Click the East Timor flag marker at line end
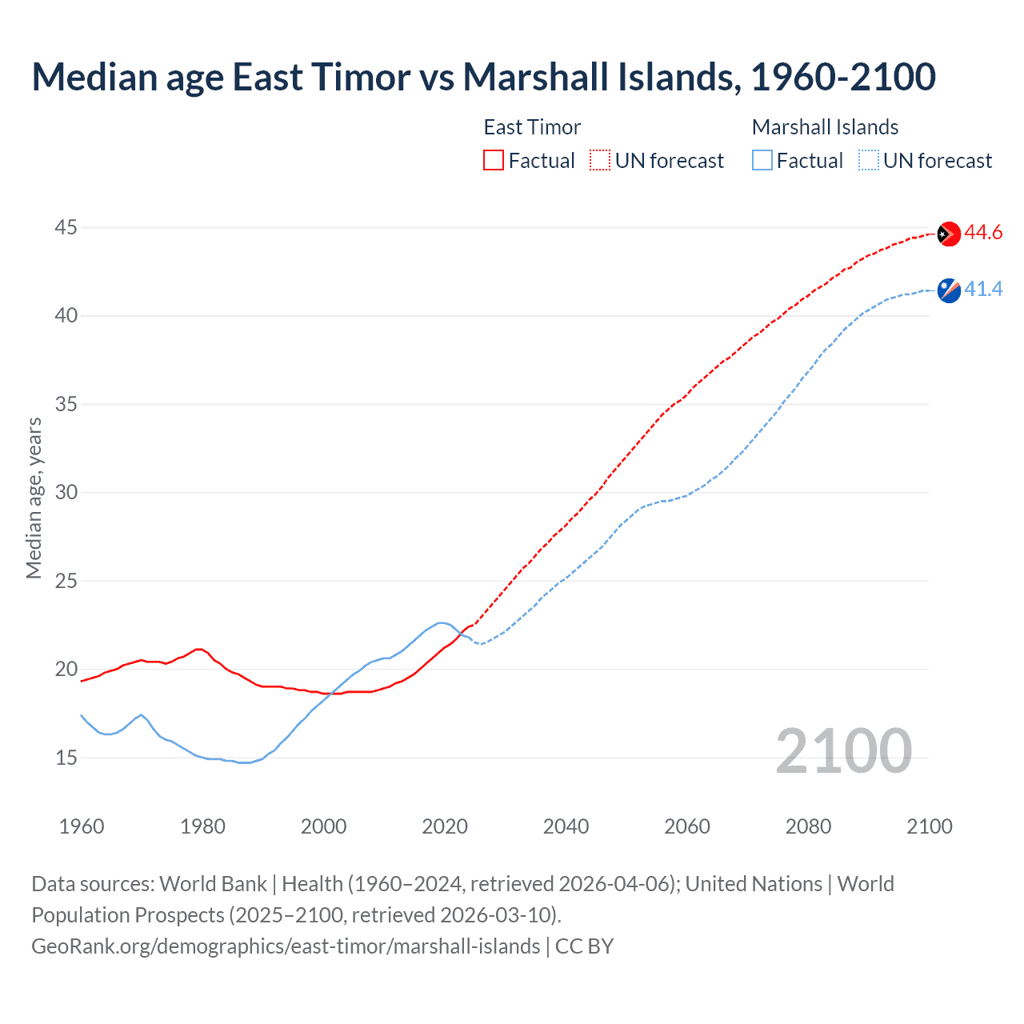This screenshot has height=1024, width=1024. [x=948, y=234]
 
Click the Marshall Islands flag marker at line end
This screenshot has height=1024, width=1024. [x=948, y=290]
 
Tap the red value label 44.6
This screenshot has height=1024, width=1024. [x=983, y=233]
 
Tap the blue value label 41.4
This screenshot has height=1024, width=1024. [x=983, y=290]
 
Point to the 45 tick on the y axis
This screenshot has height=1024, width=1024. [x=66, y=228]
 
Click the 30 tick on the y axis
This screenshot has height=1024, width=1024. [x=66, y=493]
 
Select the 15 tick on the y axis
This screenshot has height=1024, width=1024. [x=66, y=758]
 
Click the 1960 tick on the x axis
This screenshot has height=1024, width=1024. [x=82, y=826]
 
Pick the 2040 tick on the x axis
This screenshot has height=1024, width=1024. [x=566, y=826]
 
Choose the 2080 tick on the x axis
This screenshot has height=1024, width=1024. [x=808, y=826]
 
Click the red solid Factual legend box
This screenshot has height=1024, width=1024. [x=494, y=161]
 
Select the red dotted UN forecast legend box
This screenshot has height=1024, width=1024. [x=600, y=161]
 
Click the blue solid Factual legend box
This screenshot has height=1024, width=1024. [x=762, y=161]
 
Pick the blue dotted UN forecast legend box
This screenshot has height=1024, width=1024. [x=869, y=161]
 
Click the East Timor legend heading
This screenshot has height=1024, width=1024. [x=532, y=127]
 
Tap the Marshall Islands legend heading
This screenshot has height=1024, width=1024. [x=825, y=127]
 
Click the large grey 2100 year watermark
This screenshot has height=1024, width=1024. [x=843, y=751]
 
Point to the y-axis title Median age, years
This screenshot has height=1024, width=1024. [x=34, y=498]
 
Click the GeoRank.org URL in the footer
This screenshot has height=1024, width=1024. [x=286, y=946]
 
